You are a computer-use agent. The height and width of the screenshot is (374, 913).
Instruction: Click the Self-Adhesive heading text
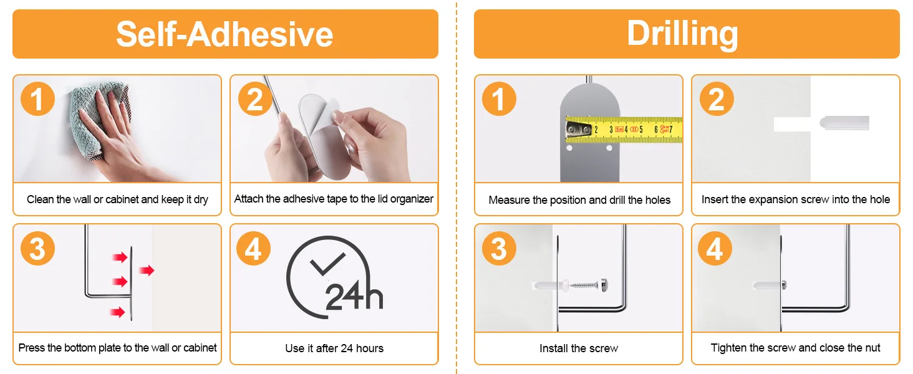(x=225, y=34)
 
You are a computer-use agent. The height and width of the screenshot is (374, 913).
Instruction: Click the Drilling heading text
(x=683, y=34)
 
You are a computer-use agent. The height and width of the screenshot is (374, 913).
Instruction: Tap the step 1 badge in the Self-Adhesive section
(x=37, y=99)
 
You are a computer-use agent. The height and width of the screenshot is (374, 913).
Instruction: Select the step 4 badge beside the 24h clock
(x=254, y=249)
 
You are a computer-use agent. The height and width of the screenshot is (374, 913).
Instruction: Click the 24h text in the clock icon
(x=354, y=295)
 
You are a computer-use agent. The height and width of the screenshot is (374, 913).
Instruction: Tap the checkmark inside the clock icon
(x=327, y=264)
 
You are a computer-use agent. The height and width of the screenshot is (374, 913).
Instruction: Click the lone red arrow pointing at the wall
(x=147, y=270)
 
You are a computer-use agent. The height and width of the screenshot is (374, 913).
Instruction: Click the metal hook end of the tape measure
(x=578, y=130)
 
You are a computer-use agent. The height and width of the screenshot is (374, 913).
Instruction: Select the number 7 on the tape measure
(x=671, y=130)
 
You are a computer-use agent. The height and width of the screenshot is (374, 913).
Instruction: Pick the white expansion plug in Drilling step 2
(x=844, y=123)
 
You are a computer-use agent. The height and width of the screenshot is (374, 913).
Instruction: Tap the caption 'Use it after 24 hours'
(x=334, y=348)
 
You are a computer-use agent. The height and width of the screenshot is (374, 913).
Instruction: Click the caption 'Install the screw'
(x=579, y=348)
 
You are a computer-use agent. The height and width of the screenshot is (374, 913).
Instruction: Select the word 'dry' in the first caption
(x=201, y=199)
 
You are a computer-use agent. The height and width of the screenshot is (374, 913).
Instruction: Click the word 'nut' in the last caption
(x=872, y=348)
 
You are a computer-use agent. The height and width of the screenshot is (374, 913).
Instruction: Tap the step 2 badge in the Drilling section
(x=717, y=99)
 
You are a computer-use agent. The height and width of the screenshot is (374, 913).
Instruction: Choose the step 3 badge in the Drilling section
(x=500, y=249)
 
